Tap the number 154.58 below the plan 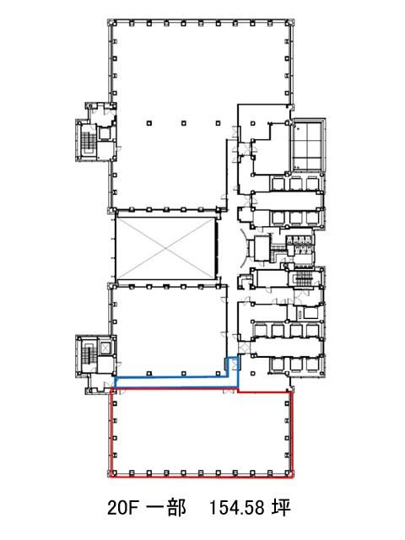pyautogui.click(x=237, y=508)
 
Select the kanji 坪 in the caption pyautogui.click(x=281, y=508)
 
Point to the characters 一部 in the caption pyautogui.click(x=167, y=508)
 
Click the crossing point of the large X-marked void pyautogui.click(x=165, y=248)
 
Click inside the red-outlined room pyautogui.click(x=202, y=434)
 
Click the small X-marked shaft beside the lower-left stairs pyautogui.click(x=105, y=347)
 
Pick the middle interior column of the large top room pyautogui.click(x=184, y=123)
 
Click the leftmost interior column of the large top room pyautogui.click(x=148, y=123)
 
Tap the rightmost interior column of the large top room pyautogui.click(x=219, y=123)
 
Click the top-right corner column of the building pyautogui.click(x=288, y=23)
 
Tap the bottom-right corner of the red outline pyautogui.click(x=293, y=478)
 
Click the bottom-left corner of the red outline pyautogui.click(x=111, y=478)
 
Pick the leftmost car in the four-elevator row pyautogui.click(x=261, y=330)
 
